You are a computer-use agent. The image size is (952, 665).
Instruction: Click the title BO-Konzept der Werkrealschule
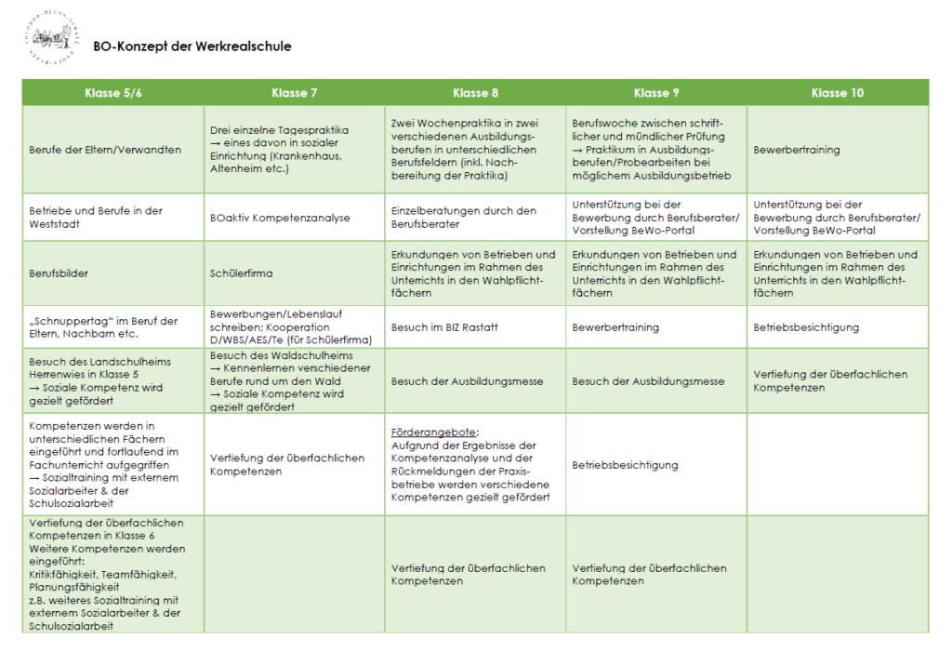tap(192, 46)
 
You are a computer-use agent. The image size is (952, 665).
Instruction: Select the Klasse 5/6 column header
tap(113, 93)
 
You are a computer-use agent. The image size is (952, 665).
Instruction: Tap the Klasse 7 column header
tap(294, 93)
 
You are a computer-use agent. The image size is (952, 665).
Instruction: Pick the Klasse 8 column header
tap(475, 93)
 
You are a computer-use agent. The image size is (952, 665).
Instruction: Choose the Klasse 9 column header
tap(656, 93)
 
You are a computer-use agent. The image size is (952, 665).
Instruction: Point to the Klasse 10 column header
tap(837, 93)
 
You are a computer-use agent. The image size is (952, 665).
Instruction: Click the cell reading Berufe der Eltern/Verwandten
tap(105, 150)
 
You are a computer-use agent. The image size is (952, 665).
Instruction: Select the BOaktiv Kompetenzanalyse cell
tap(279, 218)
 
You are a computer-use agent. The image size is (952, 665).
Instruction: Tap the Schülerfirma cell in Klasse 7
tap(241, 274)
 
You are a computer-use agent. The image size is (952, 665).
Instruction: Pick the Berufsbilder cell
tap(59, 274)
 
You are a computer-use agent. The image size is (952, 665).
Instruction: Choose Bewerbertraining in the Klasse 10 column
tap(797, 150)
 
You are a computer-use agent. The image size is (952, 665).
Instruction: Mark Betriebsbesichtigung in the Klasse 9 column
tap(625, 465)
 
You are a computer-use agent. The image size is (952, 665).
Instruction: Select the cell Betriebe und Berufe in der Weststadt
tap(96, 218)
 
